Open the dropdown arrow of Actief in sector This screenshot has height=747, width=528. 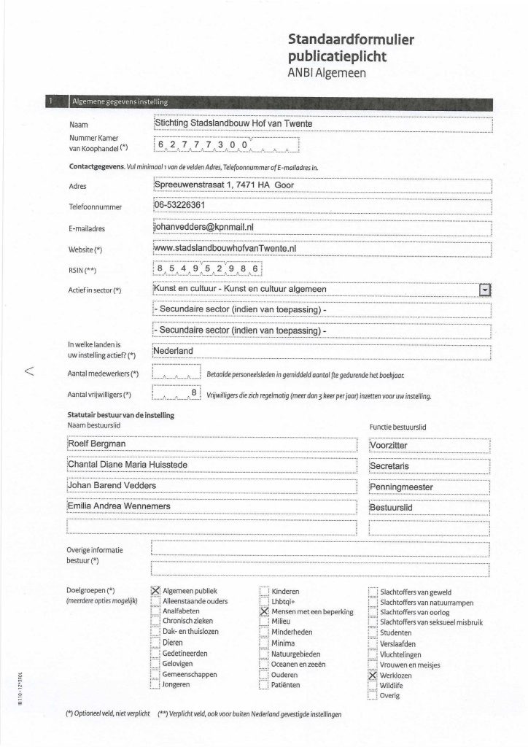click(484, 290)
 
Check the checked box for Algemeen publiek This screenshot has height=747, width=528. click(155, 591)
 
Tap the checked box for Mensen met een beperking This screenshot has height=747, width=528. click(264, 611)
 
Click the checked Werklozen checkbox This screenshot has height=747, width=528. click(373, 676)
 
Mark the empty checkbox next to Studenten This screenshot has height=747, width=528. click(373, 633)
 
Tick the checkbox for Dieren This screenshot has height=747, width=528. click(155, 643)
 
